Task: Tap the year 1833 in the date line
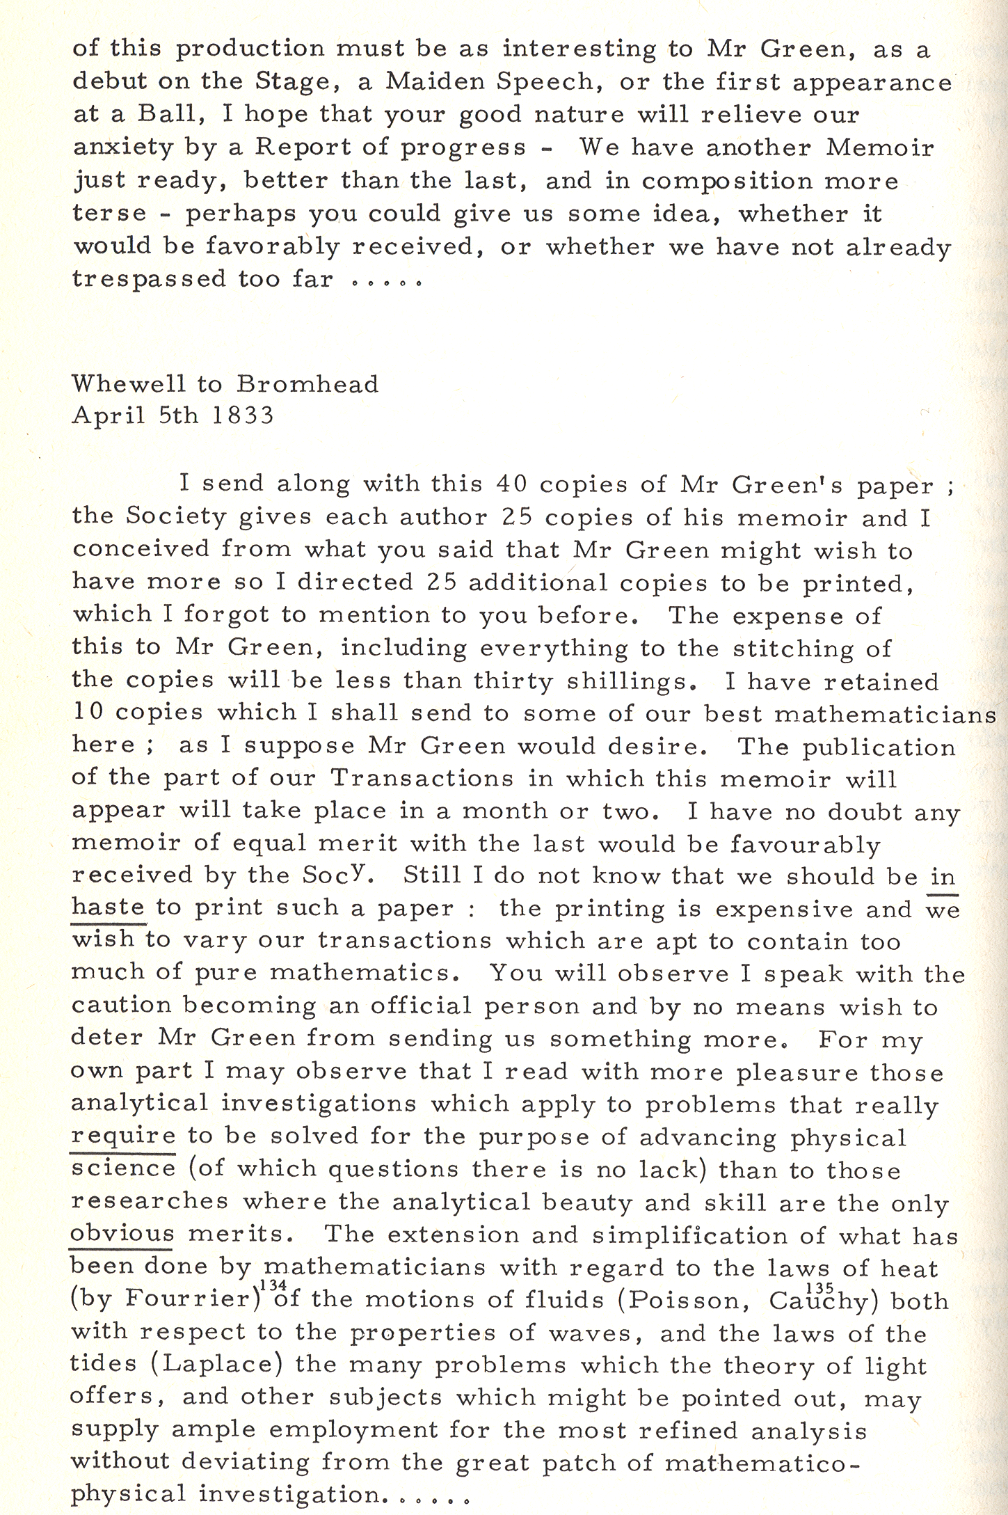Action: point(243,415)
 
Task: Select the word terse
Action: point(110,213)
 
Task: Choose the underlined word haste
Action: point(109,907)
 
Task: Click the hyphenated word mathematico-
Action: point(762,1462)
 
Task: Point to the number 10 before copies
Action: point(88,712)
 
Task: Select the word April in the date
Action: point(109,416)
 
